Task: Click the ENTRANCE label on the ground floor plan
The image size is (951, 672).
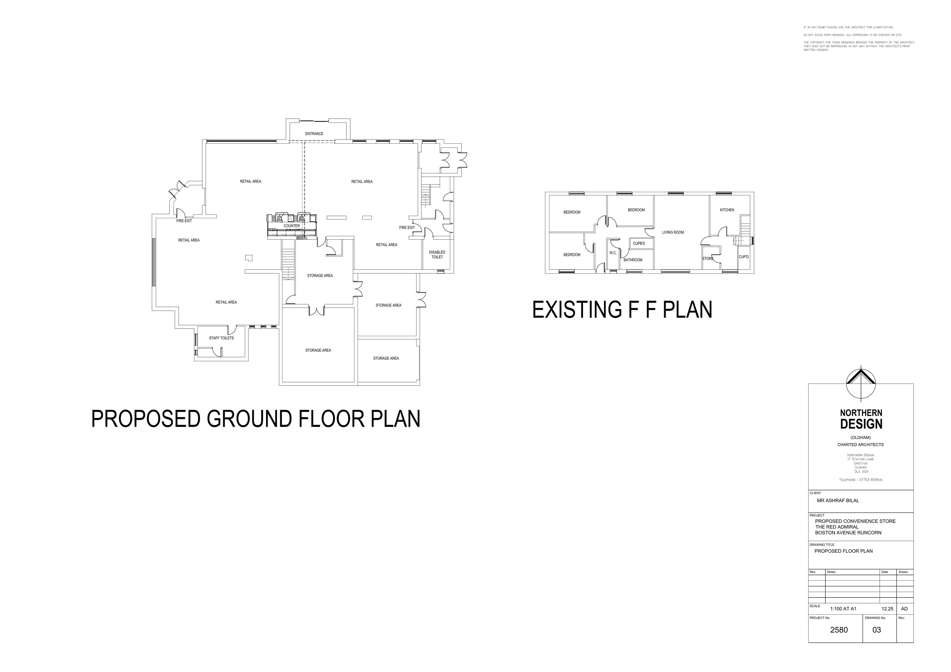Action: coord(314,134)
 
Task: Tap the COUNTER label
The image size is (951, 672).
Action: coord(292,226)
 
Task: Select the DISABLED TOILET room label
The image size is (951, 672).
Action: coord(437,254)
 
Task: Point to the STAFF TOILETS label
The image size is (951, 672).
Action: coord(221,338)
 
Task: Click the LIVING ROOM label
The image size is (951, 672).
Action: coord(673,232)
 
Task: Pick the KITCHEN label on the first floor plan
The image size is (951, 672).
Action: coord(727,210)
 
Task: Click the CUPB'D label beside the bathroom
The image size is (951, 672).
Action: coord(639,244)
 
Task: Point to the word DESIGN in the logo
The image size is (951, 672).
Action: coord(861,424)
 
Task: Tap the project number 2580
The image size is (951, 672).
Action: coord(839,630)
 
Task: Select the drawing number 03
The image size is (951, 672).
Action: coord(877,630)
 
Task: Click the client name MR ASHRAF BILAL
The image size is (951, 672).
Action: coord(838,500)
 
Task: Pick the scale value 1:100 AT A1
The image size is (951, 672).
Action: coord(843,609)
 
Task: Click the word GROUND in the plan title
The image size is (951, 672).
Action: coord(250,419)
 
